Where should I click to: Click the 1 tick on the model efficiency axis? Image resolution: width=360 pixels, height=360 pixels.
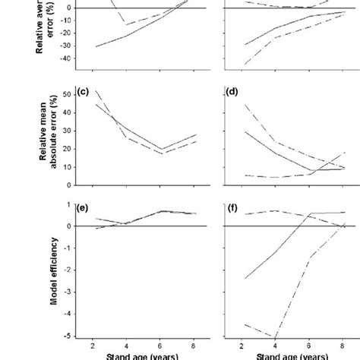click(68, 204)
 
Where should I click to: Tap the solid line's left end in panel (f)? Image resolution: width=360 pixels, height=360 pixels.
click(245, 278)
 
